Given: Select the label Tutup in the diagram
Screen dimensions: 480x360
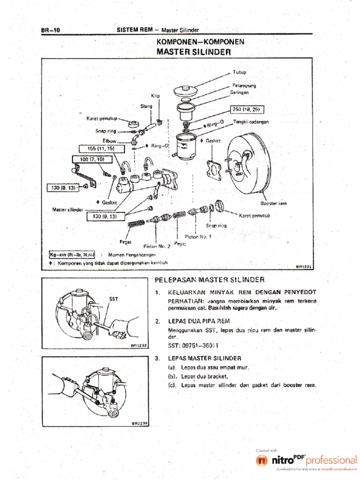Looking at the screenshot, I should pos(239,72).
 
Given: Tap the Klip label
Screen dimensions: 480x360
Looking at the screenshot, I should pos(155,96).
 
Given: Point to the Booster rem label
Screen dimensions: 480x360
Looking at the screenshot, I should pos(273,203).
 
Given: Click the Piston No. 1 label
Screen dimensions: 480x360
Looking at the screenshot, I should pos(198,236).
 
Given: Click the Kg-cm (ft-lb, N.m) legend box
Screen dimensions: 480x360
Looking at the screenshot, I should pos(72,255).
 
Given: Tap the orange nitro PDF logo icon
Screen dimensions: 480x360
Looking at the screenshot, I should pos(262,461).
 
